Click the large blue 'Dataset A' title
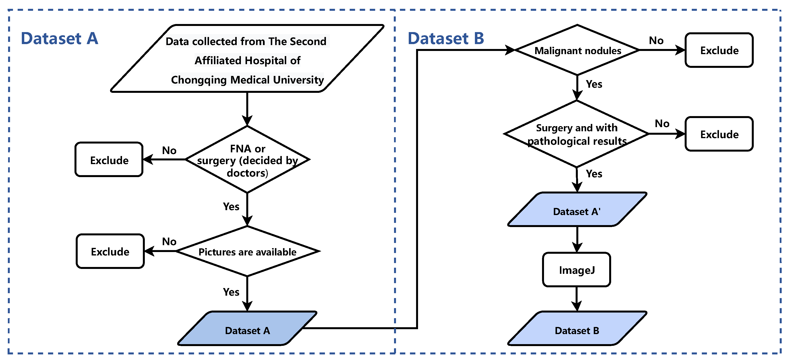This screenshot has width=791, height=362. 59,39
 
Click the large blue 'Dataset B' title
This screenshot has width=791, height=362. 446,39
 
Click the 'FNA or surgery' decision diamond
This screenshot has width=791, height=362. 247,160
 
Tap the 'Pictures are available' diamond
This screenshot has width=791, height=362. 247,252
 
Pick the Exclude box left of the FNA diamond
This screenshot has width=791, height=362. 109,160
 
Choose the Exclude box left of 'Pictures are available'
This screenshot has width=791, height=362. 110,252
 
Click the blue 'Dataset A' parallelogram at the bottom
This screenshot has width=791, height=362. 247,330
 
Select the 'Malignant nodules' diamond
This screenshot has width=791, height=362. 577,51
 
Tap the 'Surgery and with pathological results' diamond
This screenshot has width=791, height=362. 577,134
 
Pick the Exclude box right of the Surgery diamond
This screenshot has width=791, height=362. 719,134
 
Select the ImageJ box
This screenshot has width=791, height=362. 577,270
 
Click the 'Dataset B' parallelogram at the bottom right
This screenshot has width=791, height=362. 577,330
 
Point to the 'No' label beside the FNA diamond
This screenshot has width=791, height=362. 169,150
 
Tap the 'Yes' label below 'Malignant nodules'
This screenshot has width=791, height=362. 594,84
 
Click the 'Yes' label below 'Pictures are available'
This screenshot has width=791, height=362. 231,292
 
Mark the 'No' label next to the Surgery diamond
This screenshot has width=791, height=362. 662,124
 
